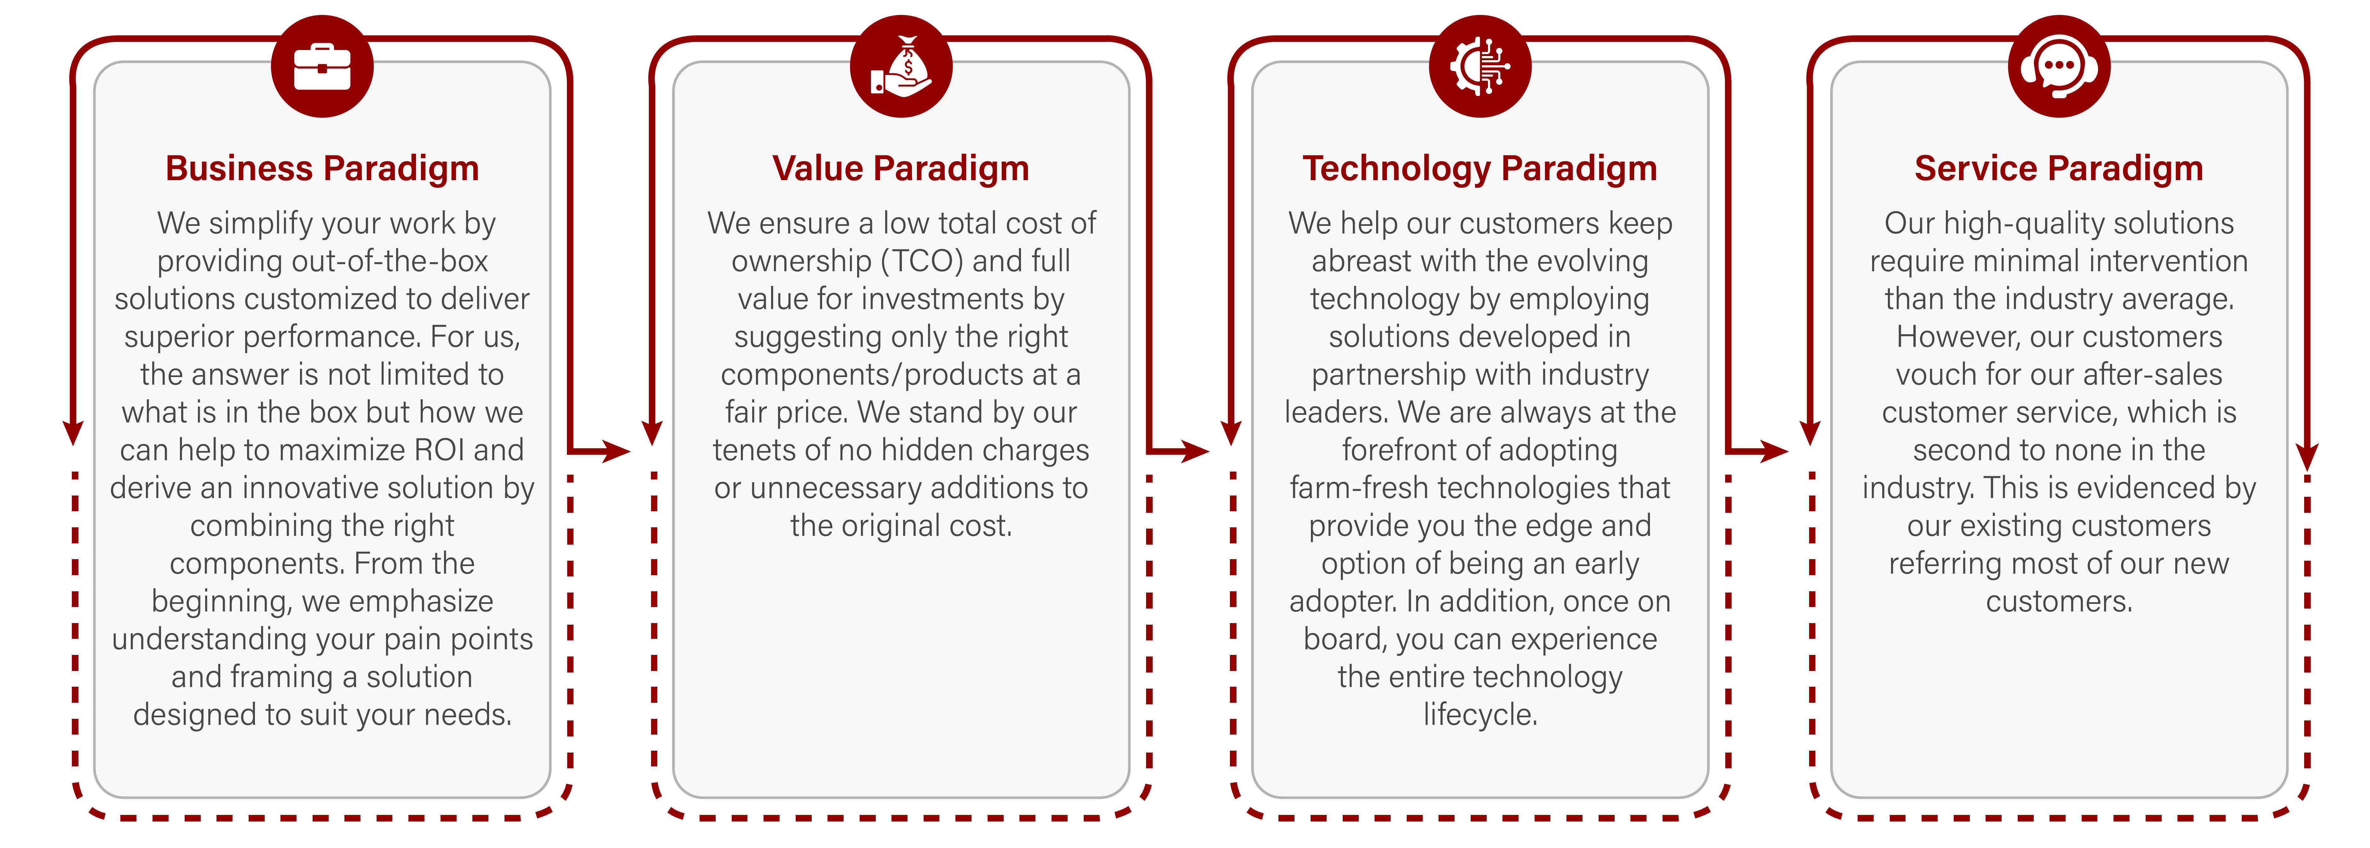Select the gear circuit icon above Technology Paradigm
click(x=1479, y=66)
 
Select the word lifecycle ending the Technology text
click(x=1479, y=715)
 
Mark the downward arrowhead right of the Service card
click(x=2307, y=457)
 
